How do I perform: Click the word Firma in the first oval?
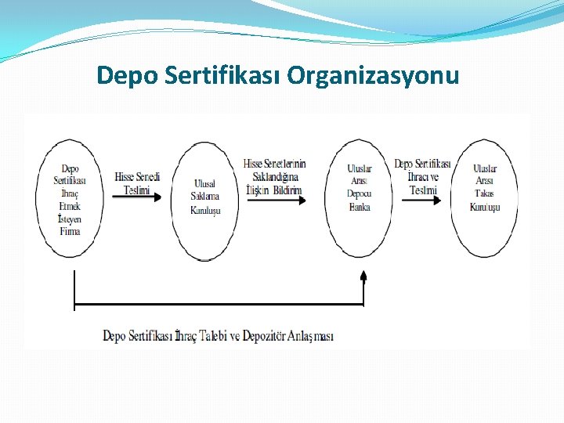(x=70, y=231)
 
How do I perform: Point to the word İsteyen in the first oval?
(x=70, y=219)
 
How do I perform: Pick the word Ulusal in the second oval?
(x=204, y=183)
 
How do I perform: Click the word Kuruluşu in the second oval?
(x=205, y=209)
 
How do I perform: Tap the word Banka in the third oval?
(x=360, y=207)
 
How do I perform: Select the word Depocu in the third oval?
(x=360, y=194)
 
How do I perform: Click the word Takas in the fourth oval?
(x=484, y=194)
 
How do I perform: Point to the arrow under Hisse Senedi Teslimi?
(x=137, y=197)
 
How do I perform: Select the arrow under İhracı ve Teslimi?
(x=423, y=199)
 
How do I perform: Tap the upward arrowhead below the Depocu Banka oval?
(x=363, y=275)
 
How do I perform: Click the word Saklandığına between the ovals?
(x=275, y=177)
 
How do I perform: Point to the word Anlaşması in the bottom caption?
(x=312, y=336)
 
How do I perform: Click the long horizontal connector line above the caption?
(x=219, y=304)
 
